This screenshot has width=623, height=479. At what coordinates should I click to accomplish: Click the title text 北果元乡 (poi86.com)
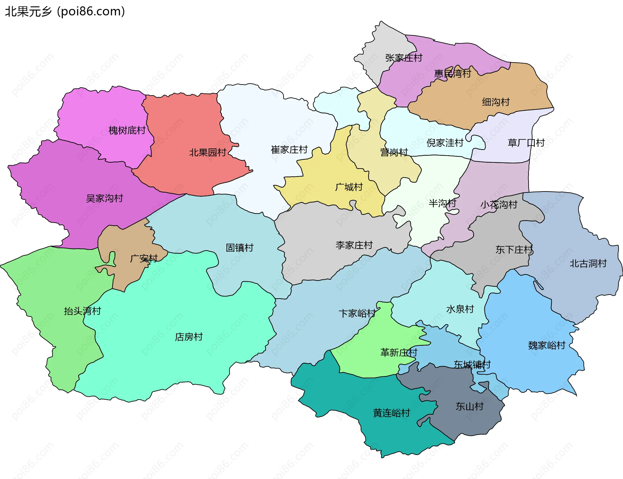click(65, 12)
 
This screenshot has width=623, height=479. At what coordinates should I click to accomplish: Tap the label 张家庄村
click(404, 58)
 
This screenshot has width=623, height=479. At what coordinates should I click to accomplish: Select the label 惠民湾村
click(452, 74)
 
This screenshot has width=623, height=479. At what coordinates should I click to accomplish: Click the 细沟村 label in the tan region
click(495, 102)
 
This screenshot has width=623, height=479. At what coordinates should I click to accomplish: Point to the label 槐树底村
click(127, 131)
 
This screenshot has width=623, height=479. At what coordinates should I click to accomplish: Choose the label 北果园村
click(208, 152)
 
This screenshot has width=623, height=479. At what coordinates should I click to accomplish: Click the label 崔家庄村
click(289, 150)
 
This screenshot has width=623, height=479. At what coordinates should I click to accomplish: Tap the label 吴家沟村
click(104, 198)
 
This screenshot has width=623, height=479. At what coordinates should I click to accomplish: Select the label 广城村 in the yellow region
click(349, 187)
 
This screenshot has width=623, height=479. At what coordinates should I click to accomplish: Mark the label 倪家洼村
click(445, 143)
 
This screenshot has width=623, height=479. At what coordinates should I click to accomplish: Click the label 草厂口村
click(526, 143)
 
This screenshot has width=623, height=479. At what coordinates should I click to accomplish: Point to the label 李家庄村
click(354, 245)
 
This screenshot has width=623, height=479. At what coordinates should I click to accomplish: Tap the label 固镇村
click(239, 248)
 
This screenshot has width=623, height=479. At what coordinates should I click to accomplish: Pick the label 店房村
click(189, 337)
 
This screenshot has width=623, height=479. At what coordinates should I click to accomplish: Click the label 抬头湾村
click(82, 311)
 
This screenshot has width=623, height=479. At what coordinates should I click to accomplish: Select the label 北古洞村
click(588, 263)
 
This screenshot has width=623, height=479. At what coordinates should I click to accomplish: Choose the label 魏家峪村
click(546, 345)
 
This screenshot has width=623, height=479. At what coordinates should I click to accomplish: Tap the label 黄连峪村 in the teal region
click(391, 413)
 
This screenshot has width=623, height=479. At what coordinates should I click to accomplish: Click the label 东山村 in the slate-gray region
click(469, 406)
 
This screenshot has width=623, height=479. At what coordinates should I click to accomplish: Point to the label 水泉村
click(460, 309)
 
